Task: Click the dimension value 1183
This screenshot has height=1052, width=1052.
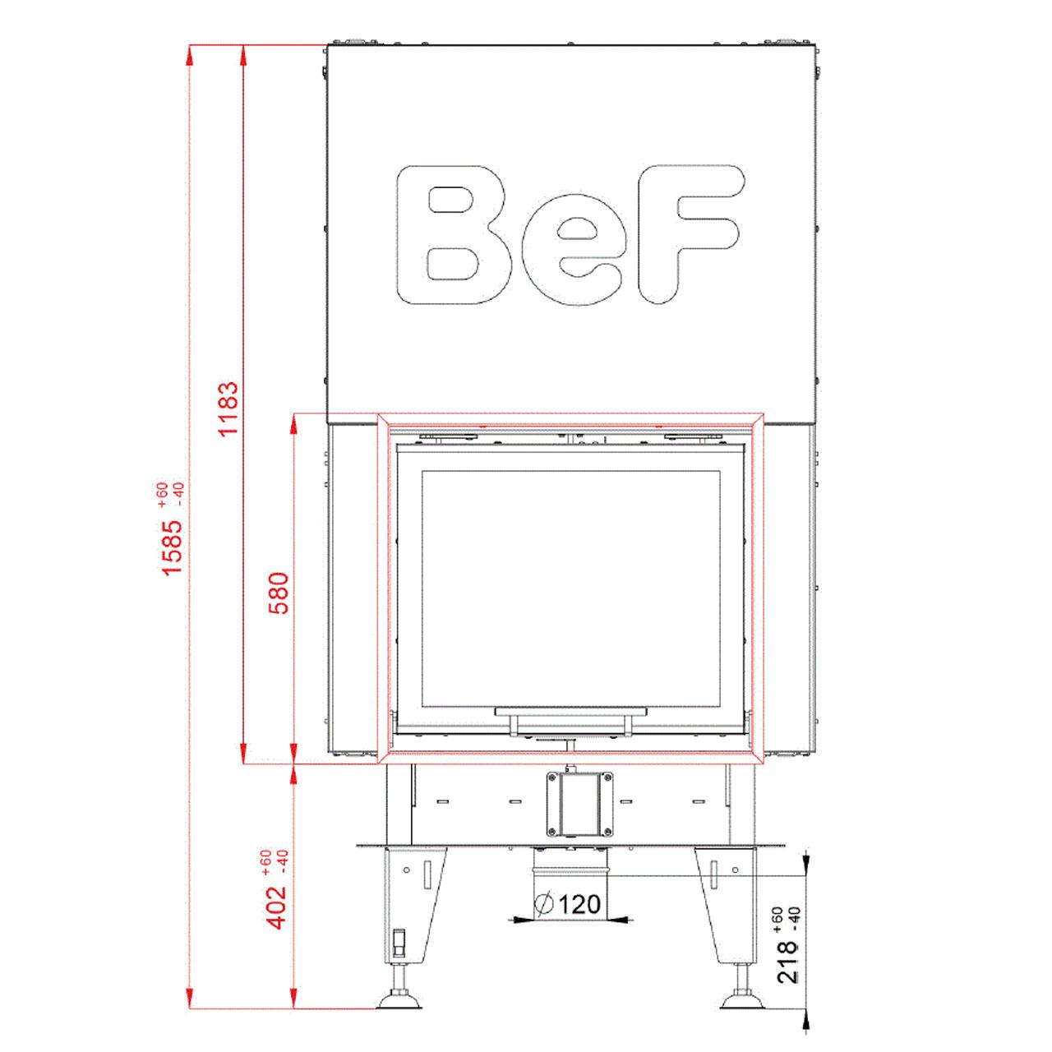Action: point(228,408)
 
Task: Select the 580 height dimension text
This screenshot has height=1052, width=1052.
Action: point(279,593)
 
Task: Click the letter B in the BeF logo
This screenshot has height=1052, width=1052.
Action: point(454,235)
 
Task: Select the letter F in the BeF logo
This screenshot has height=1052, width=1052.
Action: point(692,234)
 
